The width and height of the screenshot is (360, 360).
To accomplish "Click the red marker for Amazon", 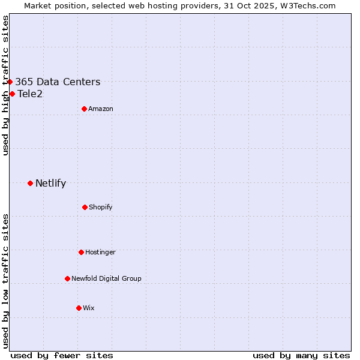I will [x=84, y=109].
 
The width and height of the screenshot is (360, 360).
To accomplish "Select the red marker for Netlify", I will [x=30, y=183].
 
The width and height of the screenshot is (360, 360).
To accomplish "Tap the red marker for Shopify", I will [x=85, y=207].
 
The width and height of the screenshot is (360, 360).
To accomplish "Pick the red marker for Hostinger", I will [x=81, y=252].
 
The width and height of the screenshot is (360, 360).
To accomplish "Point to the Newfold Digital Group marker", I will [x=67, y=278].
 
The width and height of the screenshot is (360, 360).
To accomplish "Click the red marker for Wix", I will [x=79, y=308].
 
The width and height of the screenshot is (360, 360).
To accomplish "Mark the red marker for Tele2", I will [x=12, y=94].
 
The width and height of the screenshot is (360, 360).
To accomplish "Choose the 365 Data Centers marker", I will [x=10, y=82].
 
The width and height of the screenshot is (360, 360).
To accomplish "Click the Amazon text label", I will [x=101, y=109].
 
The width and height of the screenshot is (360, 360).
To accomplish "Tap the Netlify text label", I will [x=50, y=184].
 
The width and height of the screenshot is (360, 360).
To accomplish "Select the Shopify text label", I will [x=101, y=208].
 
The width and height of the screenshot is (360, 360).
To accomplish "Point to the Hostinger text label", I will [x=100, y=253].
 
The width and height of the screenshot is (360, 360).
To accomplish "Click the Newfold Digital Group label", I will [x=106, y=279].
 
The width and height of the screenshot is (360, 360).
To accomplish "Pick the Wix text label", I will [x=89, y=308].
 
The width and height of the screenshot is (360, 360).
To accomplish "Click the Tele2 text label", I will [x=30, y=94].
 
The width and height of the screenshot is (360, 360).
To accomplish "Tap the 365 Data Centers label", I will [x=58, y=82].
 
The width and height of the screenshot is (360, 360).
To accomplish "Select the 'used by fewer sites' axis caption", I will [x=62, y=355].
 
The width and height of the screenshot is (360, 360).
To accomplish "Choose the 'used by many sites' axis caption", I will [x=301, y=355].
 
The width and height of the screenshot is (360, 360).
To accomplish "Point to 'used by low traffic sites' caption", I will [x=5, y=281].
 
